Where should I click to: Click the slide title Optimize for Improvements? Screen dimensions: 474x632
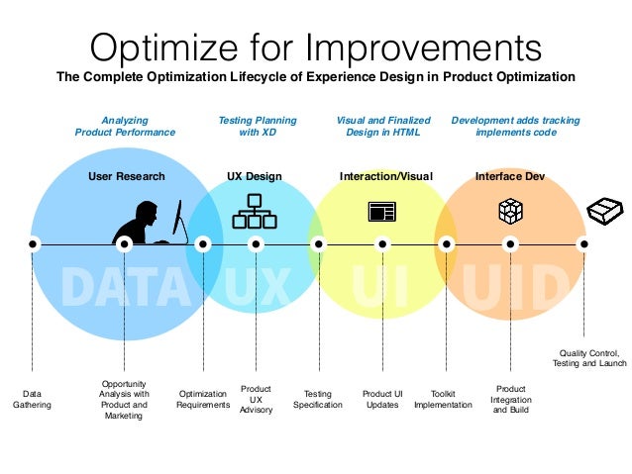click(316, 46)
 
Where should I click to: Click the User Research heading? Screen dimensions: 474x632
click(126, 176)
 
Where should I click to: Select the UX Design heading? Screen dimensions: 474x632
click(255, 176)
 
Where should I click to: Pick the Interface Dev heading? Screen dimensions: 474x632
click(509, 176)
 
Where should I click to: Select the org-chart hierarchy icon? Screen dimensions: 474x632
click(255, 210)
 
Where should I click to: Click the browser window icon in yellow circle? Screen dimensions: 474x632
click(381, 211)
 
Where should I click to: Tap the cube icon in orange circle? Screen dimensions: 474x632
click(509, 211)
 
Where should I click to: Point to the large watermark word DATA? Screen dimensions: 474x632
click(125, 287)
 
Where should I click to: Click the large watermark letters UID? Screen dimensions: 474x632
click(516, 287)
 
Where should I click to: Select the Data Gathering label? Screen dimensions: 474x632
click(32, 399)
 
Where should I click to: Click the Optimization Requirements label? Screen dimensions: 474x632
click(203, 399)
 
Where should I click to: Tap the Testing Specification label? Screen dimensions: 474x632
click(318, 399)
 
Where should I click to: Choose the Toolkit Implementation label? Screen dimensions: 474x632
click(443, 399)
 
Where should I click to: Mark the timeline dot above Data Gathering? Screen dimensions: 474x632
click(33, 243)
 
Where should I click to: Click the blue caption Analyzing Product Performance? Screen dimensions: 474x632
click(125, 126)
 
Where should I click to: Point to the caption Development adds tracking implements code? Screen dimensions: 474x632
click(515, 126)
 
